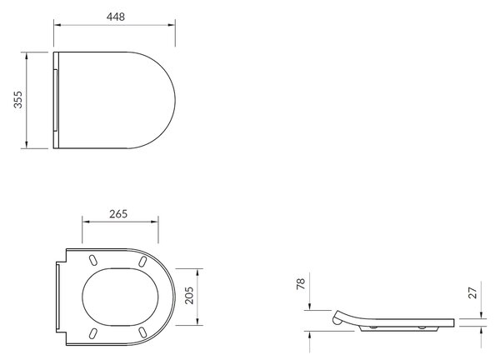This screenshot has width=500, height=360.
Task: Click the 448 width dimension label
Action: pyautogui.click(x=116, y=17)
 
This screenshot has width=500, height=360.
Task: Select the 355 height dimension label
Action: pyautogui.click(x=18, y=100)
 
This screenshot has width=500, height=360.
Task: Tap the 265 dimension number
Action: pyautogui.click(x=118, y=214)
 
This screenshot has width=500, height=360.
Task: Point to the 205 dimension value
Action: pyautogui.click(x=189, y=295)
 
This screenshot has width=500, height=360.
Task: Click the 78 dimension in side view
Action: pyautogui.click(x=301, y=284)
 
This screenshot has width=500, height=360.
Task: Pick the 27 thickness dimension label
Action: pyautogui.click(x=472, y=293)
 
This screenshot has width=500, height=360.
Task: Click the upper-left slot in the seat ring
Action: pyautogui.click(x=93, y=260)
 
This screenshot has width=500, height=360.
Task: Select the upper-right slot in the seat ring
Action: pyautogui.click(x=142, y=261)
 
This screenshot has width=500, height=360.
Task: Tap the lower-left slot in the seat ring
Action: pyautogui.click(x=93, y=332)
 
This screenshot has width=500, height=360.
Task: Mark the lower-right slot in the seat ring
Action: pyautogui.click(x=142, y=332)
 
